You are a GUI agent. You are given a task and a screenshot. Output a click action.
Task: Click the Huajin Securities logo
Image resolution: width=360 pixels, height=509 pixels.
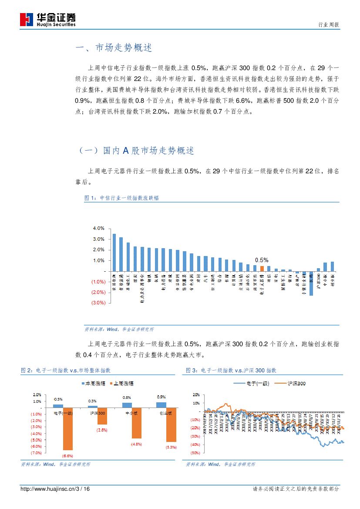coord(48,19)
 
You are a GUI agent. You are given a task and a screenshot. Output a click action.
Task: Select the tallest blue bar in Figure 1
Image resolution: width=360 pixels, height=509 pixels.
coord(114,253)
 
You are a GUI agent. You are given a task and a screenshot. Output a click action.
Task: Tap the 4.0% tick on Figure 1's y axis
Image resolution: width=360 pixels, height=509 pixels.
coord(99,229)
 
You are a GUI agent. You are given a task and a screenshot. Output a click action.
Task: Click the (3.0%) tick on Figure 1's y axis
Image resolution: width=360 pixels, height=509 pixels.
coord(98,303)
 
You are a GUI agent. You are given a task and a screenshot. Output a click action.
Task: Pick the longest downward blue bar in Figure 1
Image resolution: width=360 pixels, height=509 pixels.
coord(311,283)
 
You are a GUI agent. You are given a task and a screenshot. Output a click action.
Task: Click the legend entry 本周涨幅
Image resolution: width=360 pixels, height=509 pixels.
coord(95,384)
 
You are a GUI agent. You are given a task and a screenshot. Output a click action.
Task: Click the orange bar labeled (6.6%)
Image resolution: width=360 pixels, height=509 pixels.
coord(67,429)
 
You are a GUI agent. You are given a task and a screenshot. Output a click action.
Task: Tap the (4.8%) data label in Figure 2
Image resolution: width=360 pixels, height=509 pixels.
coord(137,444)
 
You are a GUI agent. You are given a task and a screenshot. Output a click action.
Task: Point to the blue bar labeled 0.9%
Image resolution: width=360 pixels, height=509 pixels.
coord(161,405)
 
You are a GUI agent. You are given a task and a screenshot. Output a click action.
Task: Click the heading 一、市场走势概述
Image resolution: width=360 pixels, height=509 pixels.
coord(114,48)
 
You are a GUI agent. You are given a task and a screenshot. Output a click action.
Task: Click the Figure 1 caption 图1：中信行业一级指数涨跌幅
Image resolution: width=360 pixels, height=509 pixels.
coord(121,198)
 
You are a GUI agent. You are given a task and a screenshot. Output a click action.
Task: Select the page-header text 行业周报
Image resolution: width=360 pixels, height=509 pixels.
coord(329,25)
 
